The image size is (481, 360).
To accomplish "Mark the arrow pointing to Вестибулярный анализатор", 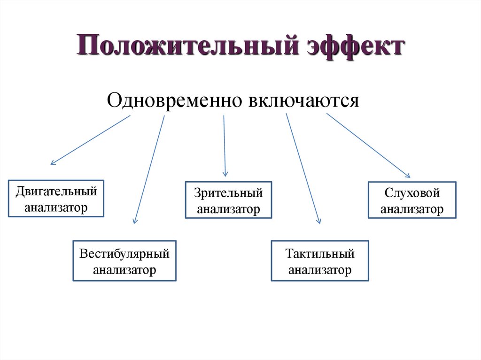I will click(149, 169).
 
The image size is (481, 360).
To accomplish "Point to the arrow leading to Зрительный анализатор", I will click(225, 146).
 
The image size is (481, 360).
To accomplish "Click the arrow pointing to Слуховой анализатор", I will click(369, 146).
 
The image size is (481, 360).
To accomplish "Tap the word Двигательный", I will click(56, 191).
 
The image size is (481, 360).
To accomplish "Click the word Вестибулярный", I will click(124, 254).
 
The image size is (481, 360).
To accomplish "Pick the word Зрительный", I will click(228, 193).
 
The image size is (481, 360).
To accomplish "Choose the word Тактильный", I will click(320, 254).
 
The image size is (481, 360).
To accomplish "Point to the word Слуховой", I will click(412, 193).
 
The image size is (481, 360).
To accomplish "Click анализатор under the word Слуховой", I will click(412, 209).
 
